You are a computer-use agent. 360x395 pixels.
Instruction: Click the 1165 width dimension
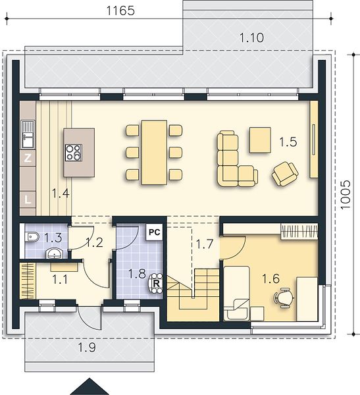point(120,11)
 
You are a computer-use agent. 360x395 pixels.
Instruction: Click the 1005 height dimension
point(345,194)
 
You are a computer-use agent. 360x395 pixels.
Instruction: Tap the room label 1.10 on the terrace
point(251,38)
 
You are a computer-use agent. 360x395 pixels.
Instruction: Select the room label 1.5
point(288,142)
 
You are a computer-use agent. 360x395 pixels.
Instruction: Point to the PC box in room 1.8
point(154,232)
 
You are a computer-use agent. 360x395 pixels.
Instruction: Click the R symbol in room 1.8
point(156,284)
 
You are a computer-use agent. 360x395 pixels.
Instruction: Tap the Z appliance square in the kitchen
point(28,158)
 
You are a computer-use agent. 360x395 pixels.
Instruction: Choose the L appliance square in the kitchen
point(28,199)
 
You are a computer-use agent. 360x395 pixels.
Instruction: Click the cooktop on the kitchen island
point(74,153)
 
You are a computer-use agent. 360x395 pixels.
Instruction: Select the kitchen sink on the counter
point(28,134)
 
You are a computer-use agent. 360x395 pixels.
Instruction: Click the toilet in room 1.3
point(32,237)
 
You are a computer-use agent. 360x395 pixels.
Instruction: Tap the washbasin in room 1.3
point(53,253)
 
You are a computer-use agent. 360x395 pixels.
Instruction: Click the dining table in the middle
point(154,153)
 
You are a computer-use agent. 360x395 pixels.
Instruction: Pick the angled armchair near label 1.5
point(285,174)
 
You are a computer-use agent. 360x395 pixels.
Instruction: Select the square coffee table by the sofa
point(260,140)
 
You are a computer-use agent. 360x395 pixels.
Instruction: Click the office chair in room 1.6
point(284,298)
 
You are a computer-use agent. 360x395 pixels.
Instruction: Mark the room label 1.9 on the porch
point(87,348)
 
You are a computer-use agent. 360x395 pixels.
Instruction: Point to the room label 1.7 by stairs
point(204,244)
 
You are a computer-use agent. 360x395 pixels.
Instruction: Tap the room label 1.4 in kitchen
point(61,194)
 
